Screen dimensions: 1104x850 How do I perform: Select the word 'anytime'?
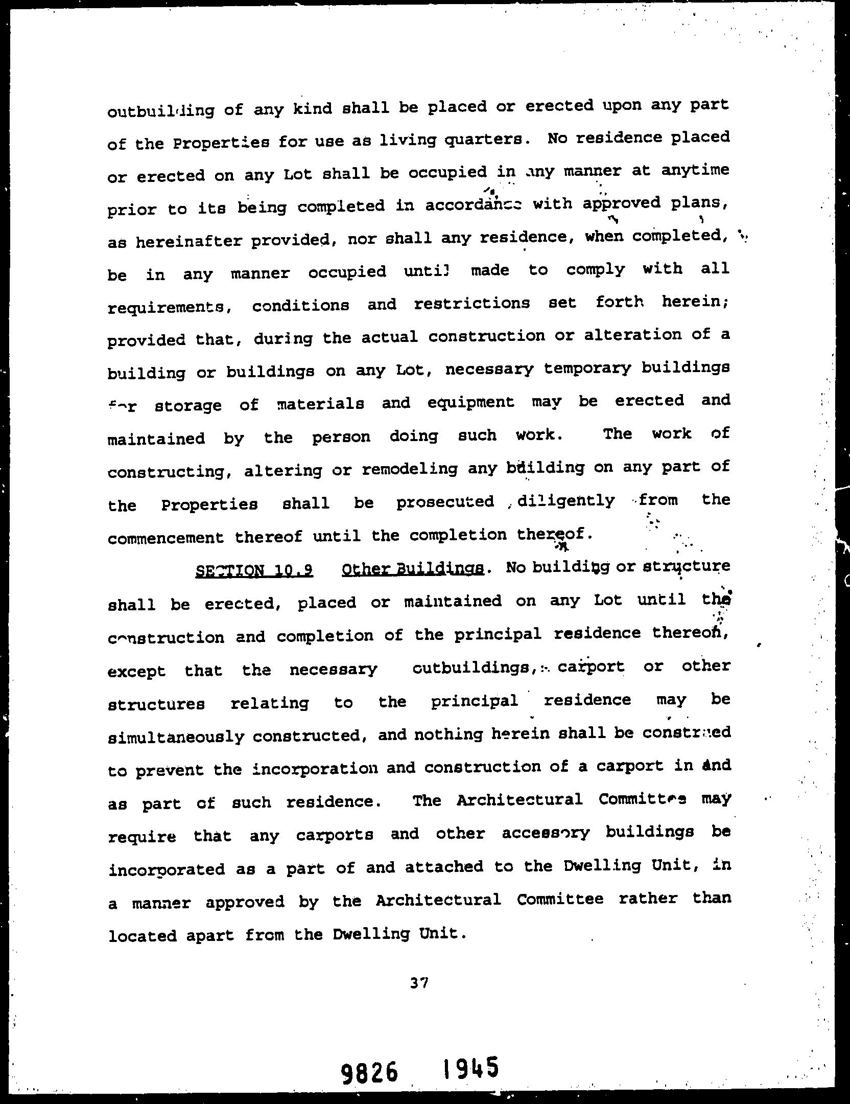click(x=695, y=170)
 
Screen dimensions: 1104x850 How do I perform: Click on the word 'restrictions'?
click(x=471, y=304)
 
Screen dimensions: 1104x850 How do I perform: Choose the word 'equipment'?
click(x=471, y=403)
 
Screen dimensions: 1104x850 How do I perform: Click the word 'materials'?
click(x=320, y=404)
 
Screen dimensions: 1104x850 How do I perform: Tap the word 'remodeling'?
click(x=409, y=469)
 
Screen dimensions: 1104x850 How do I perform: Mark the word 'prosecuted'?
click(x=445, y=502)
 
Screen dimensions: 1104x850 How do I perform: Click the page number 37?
click(x=419, y=982)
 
